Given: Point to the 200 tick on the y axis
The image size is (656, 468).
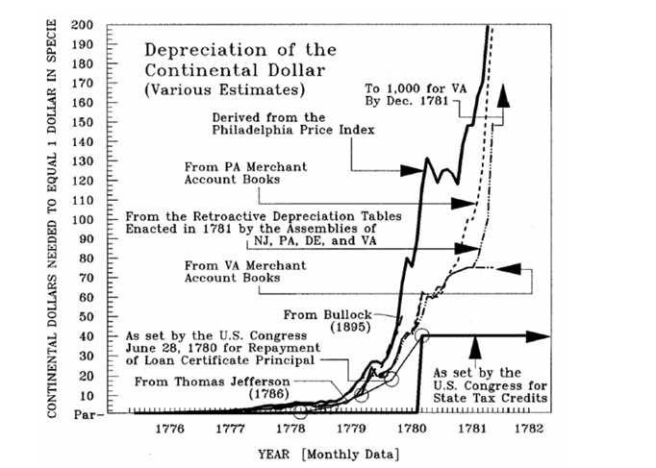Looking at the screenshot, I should pos(88,24).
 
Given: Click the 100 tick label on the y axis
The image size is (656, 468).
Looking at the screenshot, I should pos(88,219).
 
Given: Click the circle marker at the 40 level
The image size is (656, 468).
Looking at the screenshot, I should pos(421,335).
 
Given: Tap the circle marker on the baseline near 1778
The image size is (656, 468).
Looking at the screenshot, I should pos(300,411).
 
